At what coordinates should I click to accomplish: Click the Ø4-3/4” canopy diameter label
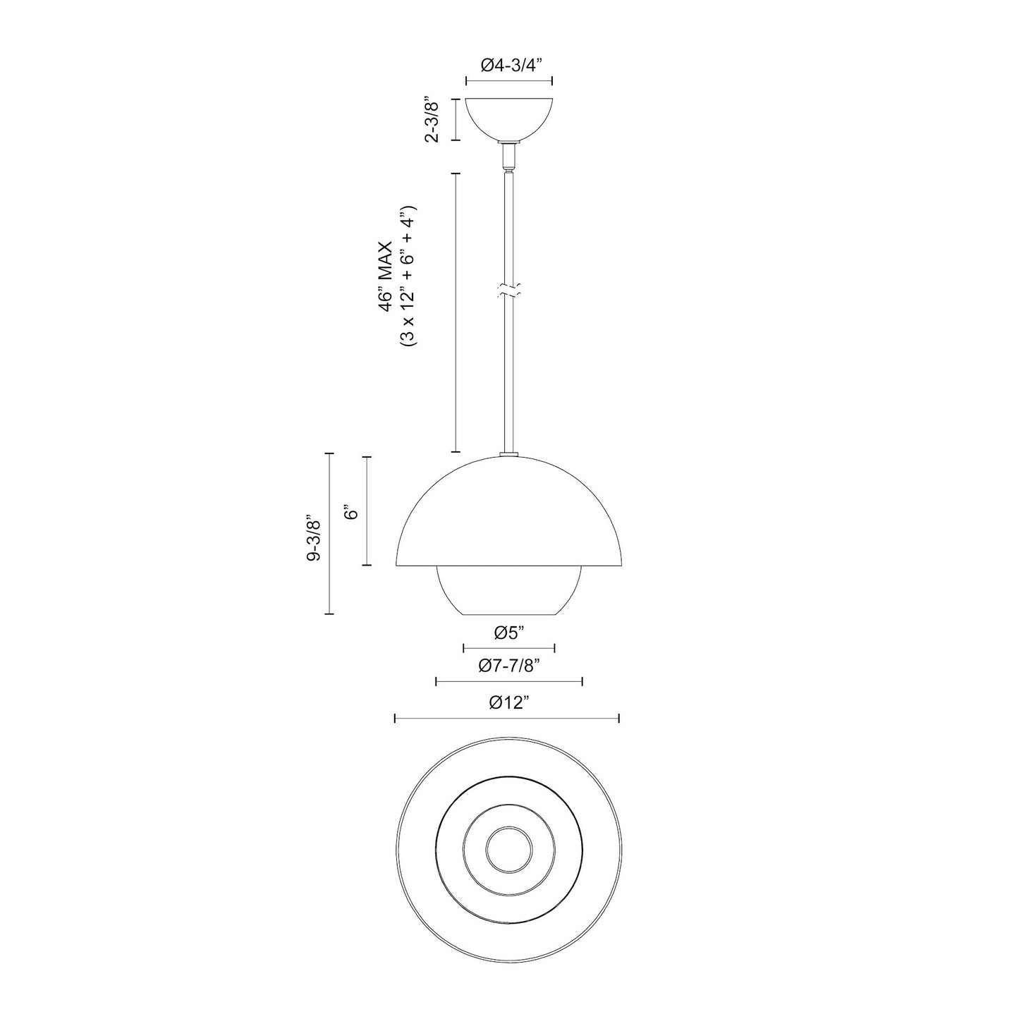pyautogui.click(x=509, y=66)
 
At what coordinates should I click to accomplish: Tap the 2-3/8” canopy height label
pyautogui.click(x=432, y=120)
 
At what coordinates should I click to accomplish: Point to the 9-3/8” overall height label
pyautogui.click(x=314, y=539)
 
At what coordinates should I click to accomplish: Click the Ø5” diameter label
pyautogui.click(x=509, y=633)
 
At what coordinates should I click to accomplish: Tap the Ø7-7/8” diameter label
pyautogui.click(x=509, y=666)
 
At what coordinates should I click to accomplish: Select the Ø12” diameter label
pyautogui.click(x=508, y=703)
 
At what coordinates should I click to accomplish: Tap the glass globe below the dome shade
pyautogui.click(x=509, y=592)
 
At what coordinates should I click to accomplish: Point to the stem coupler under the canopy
pyautogui.click(x=509, y=155)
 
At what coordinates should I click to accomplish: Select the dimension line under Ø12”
pyautogui.click(x=506, y=719)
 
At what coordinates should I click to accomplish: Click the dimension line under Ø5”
pyautogui.click(x=509, y=648)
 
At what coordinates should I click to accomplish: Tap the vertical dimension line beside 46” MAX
pyautogui.click(x=456, y=312)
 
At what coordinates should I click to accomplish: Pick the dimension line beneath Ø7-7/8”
pyautogui.click(x=509, y=681)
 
